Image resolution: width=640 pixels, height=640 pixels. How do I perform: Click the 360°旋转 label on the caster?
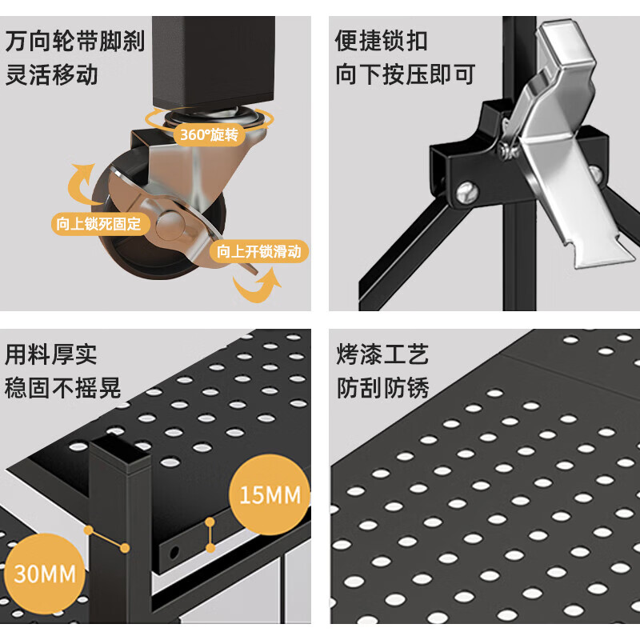209,134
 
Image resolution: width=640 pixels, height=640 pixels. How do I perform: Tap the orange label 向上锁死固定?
98,224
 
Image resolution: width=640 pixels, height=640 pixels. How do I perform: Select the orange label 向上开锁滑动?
259,252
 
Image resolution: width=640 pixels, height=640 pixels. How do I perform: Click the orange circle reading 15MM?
270,495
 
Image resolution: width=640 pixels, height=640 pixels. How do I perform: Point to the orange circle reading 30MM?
44,573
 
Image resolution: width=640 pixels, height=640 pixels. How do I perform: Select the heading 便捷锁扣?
382,41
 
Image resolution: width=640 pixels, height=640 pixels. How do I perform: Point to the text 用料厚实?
51,354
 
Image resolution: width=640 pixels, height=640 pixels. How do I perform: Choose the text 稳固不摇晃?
63,389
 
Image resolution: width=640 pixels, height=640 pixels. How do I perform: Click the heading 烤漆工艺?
382,354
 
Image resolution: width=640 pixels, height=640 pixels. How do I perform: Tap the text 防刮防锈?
382,389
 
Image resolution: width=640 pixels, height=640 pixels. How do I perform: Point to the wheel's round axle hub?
169,226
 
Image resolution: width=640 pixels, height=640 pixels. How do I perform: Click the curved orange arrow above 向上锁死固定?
81,183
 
